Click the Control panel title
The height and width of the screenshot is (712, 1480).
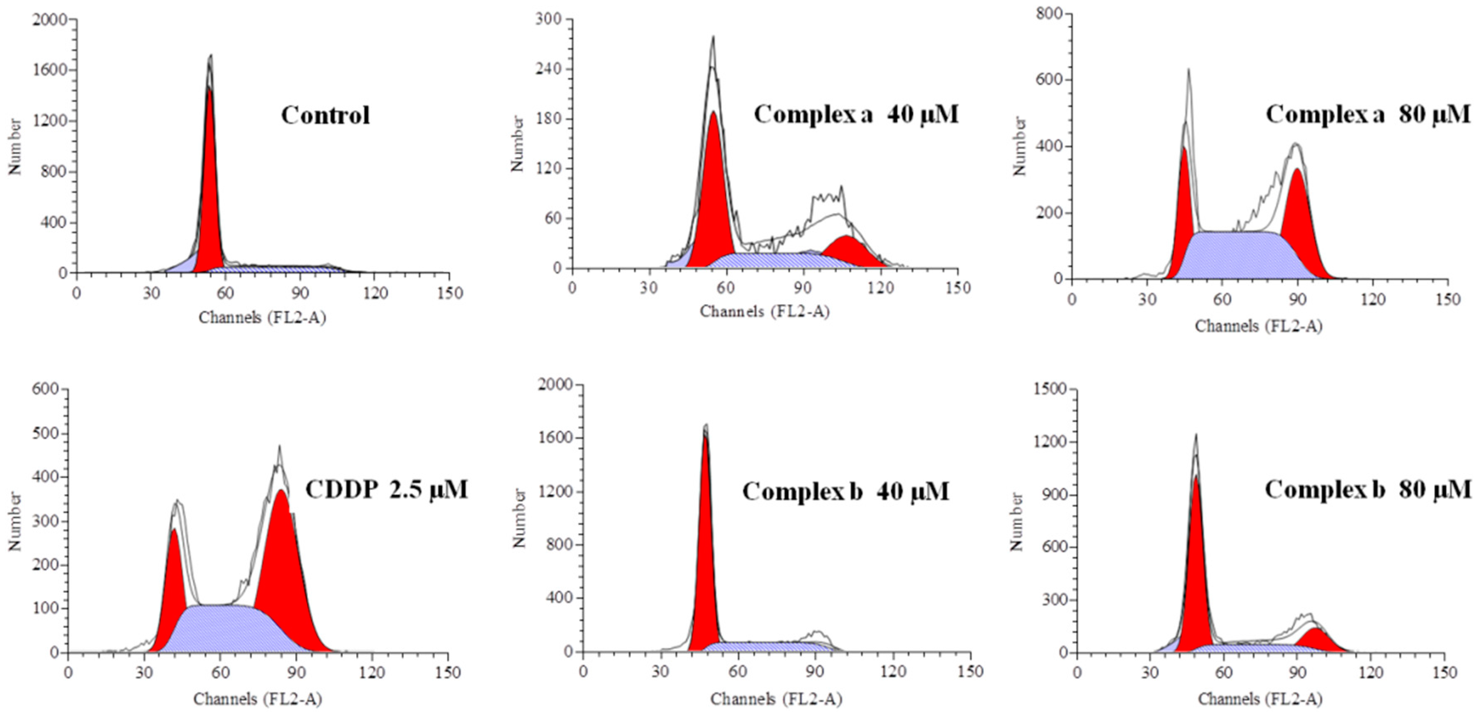[325, 116]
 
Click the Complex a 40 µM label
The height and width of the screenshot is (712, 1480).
[856, 114]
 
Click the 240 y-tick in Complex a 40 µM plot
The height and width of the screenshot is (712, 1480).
[548, 69]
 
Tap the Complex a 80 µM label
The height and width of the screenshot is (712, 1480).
[1368, 114]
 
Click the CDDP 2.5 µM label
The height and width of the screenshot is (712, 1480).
[386, 490]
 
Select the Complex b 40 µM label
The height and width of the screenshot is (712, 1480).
[845, 491]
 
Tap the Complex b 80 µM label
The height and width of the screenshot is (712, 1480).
[1368, 490]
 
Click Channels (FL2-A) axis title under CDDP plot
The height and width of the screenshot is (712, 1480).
[257, 699]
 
